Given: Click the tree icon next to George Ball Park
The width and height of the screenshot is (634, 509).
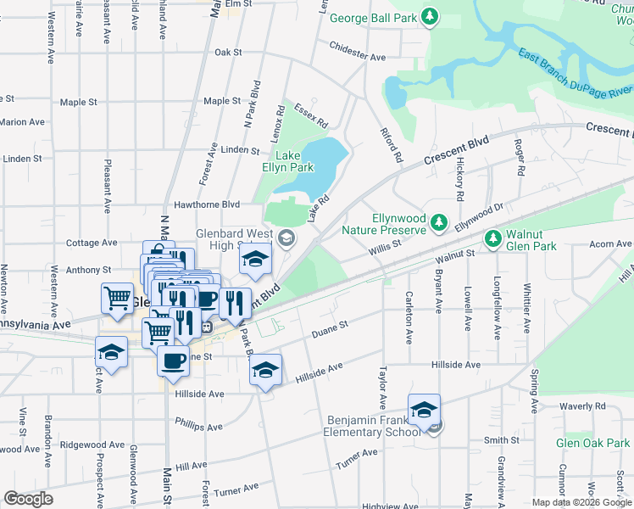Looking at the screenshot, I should point(431,16).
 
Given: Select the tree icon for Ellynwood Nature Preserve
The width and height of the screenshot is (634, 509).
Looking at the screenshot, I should point(438,222).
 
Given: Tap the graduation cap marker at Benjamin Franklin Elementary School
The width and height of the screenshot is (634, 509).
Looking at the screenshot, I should point(424,411).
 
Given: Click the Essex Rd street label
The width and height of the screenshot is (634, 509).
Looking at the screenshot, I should point(310,115).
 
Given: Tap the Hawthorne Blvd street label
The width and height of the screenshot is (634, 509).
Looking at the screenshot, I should point(206,204).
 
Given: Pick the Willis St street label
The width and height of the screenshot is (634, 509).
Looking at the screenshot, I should point(384,249).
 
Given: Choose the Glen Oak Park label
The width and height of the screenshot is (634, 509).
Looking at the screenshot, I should point(593,444).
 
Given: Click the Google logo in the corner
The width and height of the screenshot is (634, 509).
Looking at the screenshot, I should point(28,499).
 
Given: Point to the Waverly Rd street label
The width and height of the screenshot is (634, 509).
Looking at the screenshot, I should point(582,406).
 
